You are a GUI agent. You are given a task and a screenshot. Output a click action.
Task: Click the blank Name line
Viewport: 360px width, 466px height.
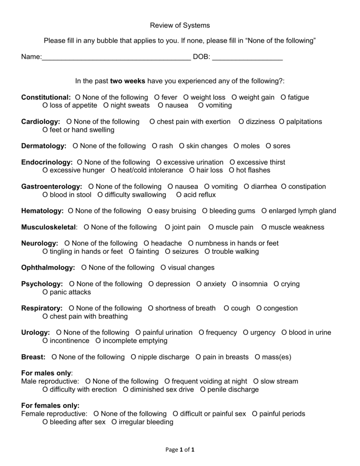click(116, 58)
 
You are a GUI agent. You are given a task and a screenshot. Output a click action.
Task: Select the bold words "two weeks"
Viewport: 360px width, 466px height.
click(127, 81)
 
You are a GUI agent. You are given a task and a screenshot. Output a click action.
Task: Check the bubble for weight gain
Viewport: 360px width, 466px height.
click(235, 97)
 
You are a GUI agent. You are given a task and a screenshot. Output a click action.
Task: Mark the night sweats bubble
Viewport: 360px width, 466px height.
click(106, 106)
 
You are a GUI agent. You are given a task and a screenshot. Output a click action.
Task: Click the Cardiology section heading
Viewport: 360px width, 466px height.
click(41, 122)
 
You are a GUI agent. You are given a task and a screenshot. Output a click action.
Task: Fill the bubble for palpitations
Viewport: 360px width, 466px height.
click(282, 122)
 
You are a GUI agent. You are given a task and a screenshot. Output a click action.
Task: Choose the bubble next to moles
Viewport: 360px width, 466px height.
click(236, 146)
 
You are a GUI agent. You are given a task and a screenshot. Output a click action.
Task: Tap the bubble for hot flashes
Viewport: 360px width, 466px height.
click(232, 170)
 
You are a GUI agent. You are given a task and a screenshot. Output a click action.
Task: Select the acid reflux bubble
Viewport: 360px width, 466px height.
click(179, 195)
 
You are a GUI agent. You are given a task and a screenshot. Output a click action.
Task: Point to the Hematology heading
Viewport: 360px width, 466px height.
click(42, 211)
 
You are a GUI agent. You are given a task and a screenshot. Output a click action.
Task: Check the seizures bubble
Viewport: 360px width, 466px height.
click(168, 251)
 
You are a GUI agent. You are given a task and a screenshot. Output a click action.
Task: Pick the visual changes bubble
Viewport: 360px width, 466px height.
click(163, 268)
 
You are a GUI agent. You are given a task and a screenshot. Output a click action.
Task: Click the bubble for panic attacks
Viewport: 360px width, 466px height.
click(45, 292)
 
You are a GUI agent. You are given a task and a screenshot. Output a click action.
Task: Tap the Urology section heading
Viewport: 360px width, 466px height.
click(35, 333)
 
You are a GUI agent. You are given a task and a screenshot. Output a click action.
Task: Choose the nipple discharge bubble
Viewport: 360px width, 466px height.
click(133, 357)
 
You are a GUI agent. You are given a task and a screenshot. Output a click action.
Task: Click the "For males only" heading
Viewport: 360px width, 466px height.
click(46, 373)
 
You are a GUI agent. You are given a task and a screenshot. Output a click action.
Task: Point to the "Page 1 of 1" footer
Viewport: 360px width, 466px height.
click(180, 450)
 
